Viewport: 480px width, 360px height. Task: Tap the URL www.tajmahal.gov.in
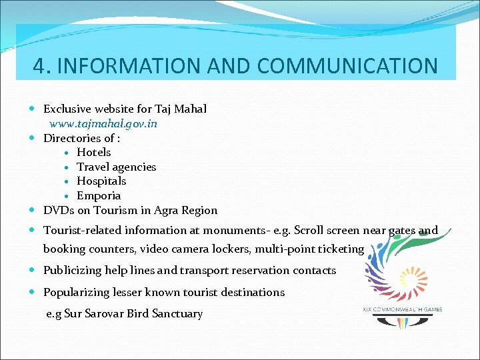pos(103,124)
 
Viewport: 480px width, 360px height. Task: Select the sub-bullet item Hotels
pos(94,153)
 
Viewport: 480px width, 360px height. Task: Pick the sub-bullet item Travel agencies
pos(116,167)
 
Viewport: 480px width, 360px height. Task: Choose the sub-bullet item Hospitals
pos(101,181)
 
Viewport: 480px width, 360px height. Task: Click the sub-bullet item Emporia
pos(99,196)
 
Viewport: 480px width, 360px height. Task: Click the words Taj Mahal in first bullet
pos(181,109)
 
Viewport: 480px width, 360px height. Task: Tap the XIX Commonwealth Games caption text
pos(402,309)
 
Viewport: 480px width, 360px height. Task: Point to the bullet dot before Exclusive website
pos(33,109)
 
